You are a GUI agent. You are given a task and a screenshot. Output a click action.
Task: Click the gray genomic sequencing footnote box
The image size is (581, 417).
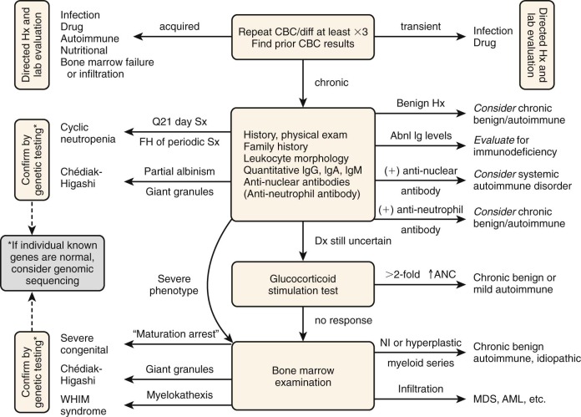pos(55,265)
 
